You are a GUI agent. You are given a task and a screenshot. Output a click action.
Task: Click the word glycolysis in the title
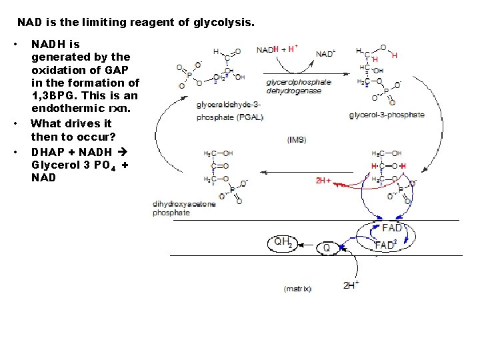click(x=224, y=23)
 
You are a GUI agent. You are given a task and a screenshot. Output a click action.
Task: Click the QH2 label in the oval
click(x=283, y=243)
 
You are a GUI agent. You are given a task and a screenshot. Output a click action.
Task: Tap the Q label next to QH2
click(x=326, y=248)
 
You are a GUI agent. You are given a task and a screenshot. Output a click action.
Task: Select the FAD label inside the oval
click(x=392, y=229)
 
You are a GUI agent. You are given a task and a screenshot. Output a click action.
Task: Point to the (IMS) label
click(x=297, y=140)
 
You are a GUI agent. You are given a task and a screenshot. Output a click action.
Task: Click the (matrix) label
click(x=297, y=289)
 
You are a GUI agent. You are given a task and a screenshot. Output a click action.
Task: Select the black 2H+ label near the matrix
click(x=351, y=285)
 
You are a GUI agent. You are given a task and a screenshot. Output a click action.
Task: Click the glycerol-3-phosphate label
click(x=387, y=115)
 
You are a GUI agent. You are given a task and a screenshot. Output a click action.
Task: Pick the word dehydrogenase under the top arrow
click(x=289, y=91)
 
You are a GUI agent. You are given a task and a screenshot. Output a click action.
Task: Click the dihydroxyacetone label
click(x=185, y=204)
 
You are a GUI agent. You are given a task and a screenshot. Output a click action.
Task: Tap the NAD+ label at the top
click(x=326, y=54)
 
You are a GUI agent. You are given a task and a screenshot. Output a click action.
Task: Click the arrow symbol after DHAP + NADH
click(x=121, y=151)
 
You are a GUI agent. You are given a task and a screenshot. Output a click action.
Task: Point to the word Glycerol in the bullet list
click(x=55, y=164)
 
